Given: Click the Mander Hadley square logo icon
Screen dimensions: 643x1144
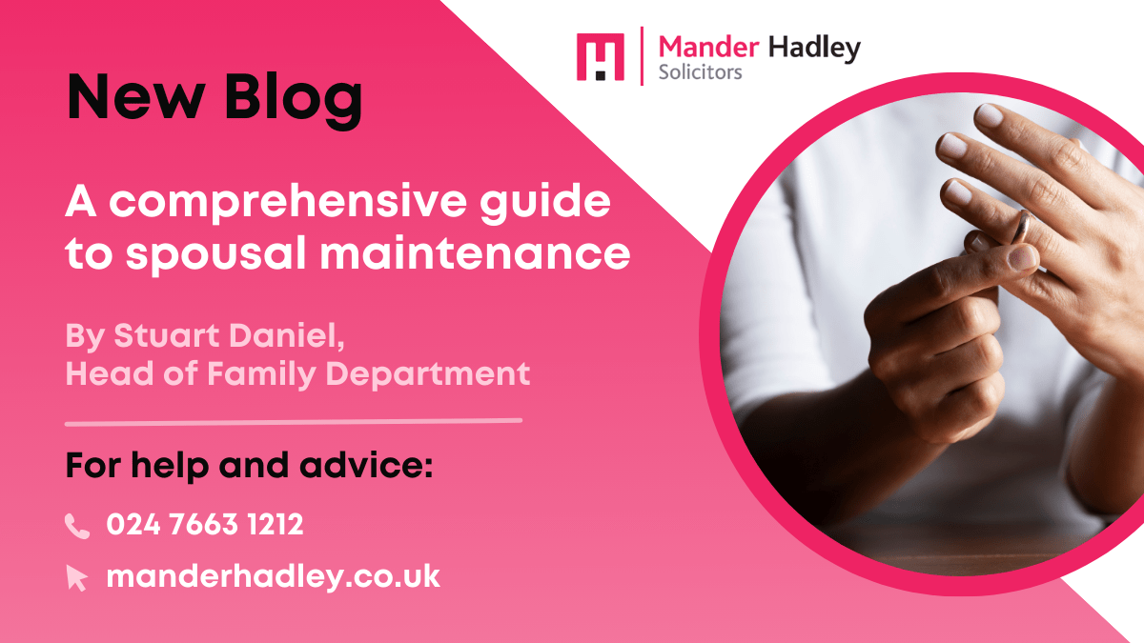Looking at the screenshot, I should point(601,57).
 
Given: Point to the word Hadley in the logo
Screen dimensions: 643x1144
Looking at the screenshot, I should point(812,48).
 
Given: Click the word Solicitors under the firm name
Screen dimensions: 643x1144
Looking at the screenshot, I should point(700,72).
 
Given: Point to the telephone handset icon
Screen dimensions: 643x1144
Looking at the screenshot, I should point(77,525).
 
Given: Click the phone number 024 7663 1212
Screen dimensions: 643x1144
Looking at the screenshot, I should point(205,524).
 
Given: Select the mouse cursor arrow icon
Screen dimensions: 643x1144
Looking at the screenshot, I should point(77,577).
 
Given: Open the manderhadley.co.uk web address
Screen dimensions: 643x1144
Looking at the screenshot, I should point(273,575).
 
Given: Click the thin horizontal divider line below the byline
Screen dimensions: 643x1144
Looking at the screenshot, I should point(294,420).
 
